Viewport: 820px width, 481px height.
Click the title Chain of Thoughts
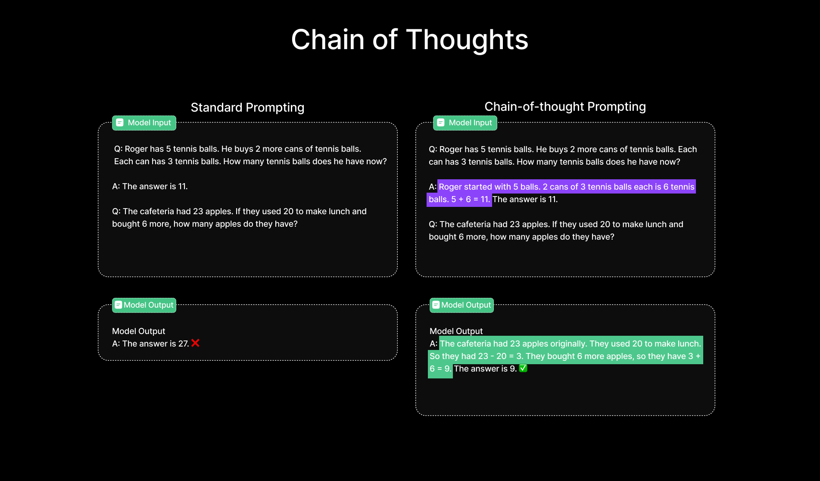click(410, 40)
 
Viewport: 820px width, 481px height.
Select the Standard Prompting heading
click(247, 107)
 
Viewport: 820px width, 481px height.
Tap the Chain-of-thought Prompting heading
click(565, 106)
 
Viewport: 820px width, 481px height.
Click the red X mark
click(195, 343)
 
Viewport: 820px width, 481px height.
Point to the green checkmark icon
click(523, 368)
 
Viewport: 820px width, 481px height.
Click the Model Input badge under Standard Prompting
click(144, 123)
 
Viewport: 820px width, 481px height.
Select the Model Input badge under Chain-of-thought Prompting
click(465, 123)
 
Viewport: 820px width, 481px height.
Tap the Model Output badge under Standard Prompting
click(144, 305)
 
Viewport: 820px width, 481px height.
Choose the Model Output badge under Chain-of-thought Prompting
click(462, 305)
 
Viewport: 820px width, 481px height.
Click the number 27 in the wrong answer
click(183, 344)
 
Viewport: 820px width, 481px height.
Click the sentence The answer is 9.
click(485, 369)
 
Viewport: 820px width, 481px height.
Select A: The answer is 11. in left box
click(150, 186)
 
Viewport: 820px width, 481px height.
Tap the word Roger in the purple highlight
click(451, 187)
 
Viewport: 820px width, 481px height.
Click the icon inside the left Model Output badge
click(118, 305)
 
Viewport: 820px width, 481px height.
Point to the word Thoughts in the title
click(467, 40)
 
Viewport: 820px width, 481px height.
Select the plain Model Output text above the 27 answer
click(138, 331)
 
